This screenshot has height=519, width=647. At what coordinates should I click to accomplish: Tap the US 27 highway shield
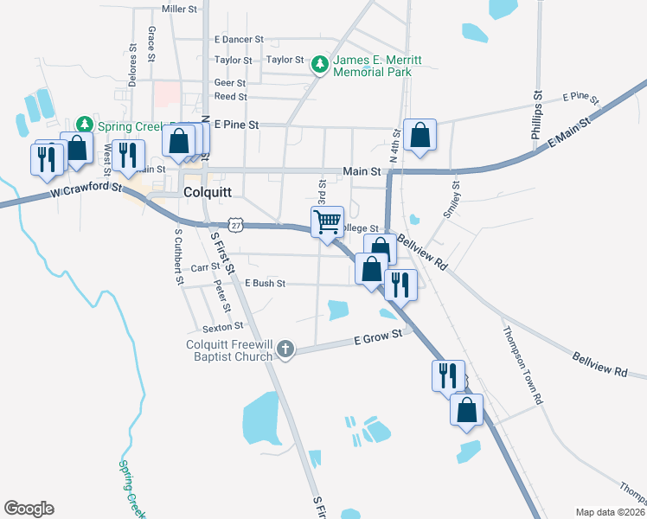[x=237, y=225]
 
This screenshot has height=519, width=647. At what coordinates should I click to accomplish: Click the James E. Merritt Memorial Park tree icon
[x=320, y=65]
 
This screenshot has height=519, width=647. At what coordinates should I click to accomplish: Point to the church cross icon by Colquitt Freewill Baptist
[x=285, y=349]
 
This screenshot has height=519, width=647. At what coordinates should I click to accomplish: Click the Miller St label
[x=180, y=9]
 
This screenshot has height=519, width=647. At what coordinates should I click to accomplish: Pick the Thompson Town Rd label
[x=521, y=364]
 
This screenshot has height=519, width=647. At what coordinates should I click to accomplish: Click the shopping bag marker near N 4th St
[x=420, y=135]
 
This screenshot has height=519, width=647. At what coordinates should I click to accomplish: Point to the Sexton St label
[x=222, y=328]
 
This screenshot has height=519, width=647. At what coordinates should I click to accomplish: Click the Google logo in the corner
[x=29, y=509]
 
